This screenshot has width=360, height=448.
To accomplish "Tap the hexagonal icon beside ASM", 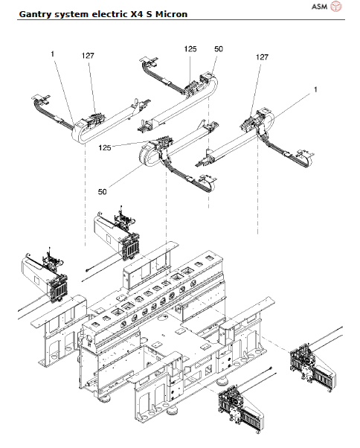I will coord(337,7).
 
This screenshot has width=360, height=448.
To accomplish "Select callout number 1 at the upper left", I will coord(53,54).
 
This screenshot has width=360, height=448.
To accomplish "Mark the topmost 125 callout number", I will coord(190,48).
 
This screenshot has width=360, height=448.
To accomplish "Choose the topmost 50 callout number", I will coord(219,48).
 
